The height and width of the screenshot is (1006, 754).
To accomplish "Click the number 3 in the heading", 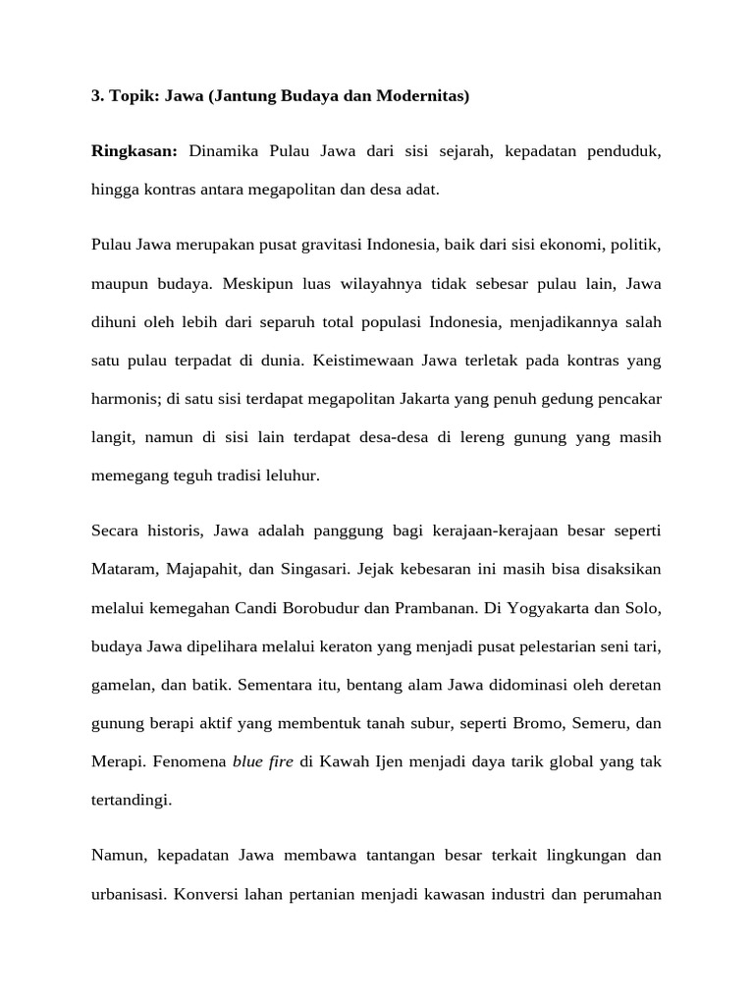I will point(96,96).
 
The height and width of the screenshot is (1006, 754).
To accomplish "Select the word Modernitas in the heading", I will point(424,96).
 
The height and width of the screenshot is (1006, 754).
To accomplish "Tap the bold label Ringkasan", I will point(134,152).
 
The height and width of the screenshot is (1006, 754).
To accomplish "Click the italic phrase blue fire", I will point(263,760).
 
